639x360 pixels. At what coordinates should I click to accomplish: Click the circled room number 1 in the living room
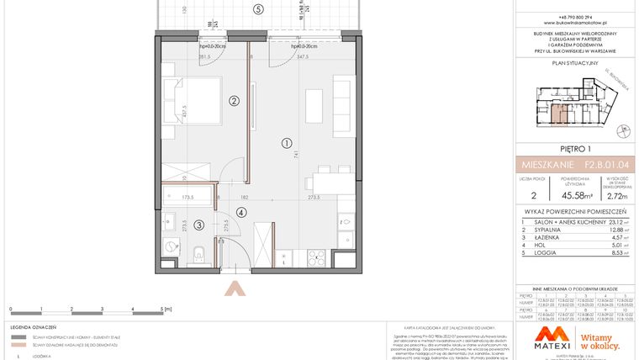pyautogui.click(x=286, y=142)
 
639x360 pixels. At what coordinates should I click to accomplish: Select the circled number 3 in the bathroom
pyautogui.click(x=198, y=225)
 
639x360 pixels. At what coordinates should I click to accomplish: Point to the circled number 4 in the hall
pyautogui.click(x=241, y=212)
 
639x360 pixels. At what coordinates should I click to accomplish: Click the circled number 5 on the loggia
pyautogui.click(x=259, y=9)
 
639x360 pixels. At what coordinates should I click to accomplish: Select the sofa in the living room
pyautogui.click(x=343, y=101)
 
